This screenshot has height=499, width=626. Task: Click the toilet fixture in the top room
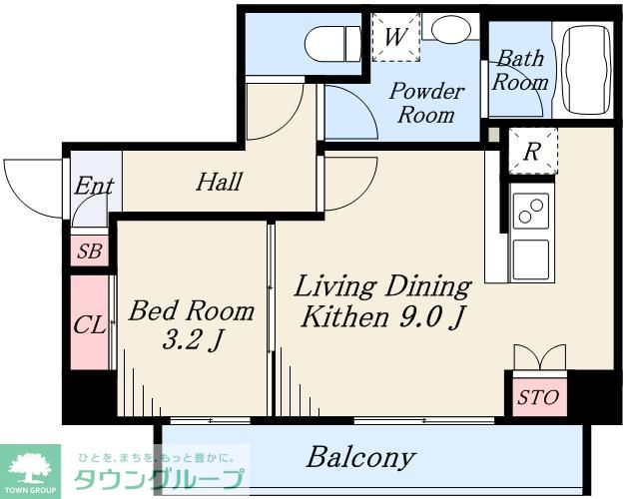point(332,44)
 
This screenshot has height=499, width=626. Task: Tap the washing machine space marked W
point(396,37)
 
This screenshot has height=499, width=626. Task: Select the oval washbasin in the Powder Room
point(450,27)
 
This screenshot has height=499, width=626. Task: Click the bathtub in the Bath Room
point(586,70)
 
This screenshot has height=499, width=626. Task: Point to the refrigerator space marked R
point(533,151)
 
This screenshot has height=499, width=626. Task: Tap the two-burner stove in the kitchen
point(531,211)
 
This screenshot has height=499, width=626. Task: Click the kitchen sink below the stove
point(531,259)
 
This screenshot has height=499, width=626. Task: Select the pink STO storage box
point(539,396)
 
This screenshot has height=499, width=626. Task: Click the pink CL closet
point(90,322)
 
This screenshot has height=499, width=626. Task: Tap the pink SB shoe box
point(90,250)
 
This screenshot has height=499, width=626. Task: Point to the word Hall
point(220,182)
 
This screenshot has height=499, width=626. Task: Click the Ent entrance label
point(94,186)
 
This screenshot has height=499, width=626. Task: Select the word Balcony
point(361,457)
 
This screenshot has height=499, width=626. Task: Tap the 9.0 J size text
point(432,317)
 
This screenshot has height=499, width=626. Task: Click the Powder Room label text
point(426,103)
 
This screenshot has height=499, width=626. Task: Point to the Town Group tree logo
point(30,471)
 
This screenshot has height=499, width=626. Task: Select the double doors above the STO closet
point(540,357)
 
